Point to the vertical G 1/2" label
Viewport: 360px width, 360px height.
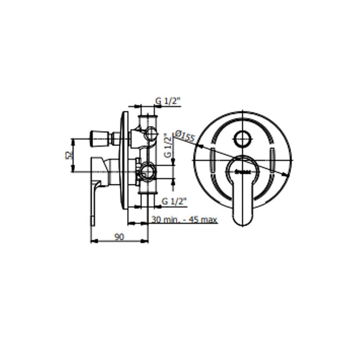point(167,146)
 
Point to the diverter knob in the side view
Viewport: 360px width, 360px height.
point(100,138)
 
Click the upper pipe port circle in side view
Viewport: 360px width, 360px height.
point(151,134)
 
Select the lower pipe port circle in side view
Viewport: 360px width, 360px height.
point(148,172)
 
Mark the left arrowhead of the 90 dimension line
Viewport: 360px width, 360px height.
point(93,241)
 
